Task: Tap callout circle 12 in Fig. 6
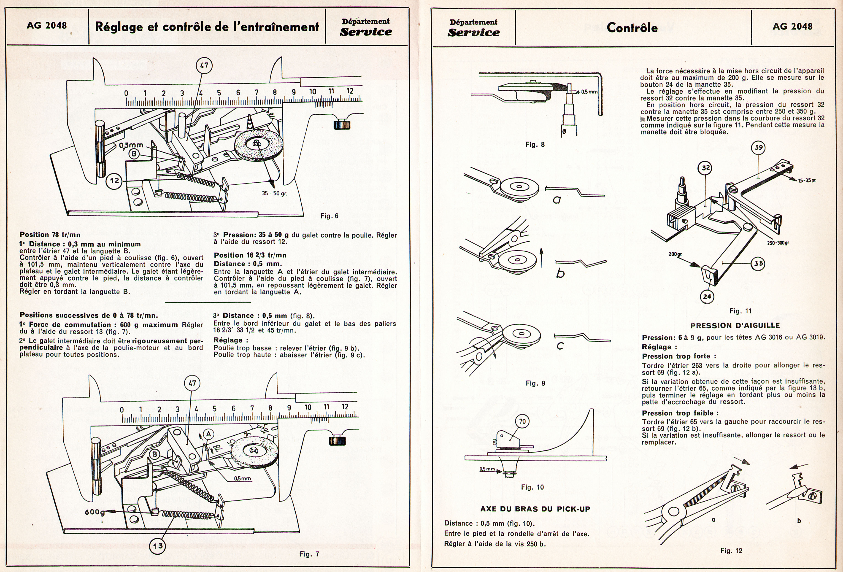tap(115, 180)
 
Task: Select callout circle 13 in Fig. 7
tap(158, 545)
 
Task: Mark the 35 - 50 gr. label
tap(275, 193)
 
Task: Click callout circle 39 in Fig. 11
tap(759, 148)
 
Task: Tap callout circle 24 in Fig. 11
tap(707, 296)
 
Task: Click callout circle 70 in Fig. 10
tap(522, 421)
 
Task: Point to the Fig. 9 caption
tap(535, 383)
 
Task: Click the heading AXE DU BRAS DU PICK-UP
tap(535, 509)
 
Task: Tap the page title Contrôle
tap(632, 27)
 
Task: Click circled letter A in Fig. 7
tap(208, 433)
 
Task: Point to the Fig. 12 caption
tap(731, 550)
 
